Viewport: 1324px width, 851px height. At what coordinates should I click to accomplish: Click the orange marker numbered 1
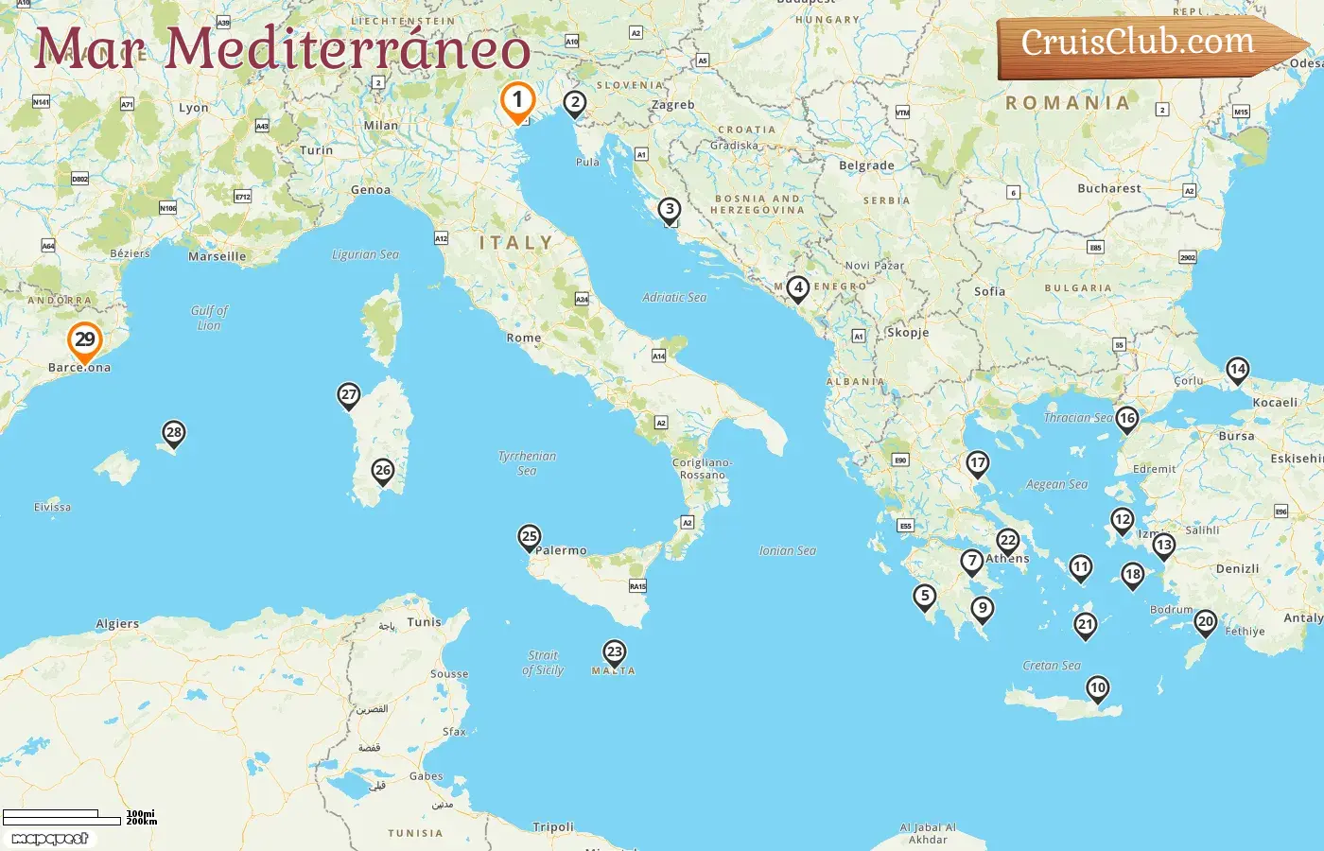pos(517,100)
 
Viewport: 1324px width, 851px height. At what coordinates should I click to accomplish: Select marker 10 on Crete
pos(1097,688)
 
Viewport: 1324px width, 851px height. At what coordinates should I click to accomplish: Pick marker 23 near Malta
pos(615,652)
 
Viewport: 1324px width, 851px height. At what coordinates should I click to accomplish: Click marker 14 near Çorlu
pos(1237,370)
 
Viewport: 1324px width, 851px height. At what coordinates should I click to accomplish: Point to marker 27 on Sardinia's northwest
pos(349,395)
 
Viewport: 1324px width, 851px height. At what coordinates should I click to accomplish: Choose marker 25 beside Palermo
pos(530,537)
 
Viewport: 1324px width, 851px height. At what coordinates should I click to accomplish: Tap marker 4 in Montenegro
pos(798,287)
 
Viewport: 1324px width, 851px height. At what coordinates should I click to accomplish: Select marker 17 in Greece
pos(977,463)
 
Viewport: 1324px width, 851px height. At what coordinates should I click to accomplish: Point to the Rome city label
pos(524,338)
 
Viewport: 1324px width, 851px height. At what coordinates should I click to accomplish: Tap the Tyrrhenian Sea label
pos(527,463)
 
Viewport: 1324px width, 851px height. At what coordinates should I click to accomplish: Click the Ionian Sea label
pos(787,550)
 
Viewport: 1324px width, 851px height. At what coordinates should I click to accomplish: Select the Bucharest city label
pos(1108,188)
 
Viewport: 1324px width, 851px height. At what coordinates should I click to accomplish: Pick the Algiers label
pos(117,624)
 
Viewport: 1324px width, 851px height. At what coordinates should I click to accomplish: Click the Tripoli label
pos(553,826)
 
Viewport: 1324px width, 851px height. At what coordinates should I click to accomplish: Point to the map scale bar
pos(62,817)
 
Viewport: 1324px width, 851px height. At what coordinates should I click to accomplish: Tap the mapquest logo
pos(49,839)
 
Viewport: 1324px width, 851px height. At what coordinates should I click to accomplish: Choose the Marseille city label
pos(217,256)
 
